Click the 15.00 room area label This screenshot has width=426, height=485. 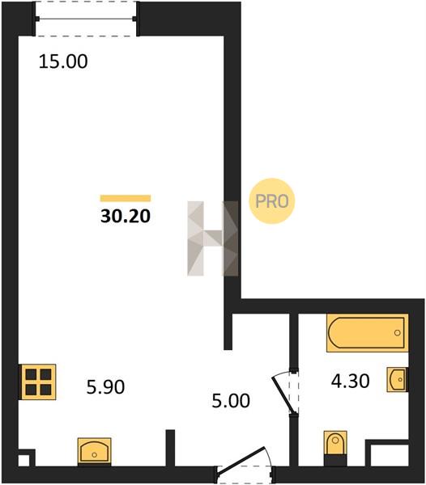(x=63, y=61)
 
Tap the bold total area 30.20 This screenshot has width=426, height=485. (x=126, y=216)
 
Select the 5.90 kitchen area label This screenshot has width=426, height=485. (x=105, y=387)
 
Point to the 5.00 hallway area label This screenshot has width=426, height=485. (x=231, y=401)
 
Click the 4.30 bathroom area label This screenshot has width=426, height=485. (x=350, y=381)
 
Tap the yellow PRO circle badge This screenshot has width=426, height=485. (x=271, y=201)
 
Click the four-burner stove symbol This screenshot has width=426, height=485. (x=38, y=382)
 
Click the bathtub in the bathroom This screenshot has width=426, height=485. (x=367, y=333)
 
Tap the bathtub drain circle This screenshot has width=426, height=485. (x=397, y=333)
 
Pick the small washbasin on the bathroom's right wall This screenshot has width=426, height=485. (x=397, y=380)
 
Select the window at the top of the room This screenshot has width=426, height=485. (x=86, y=19)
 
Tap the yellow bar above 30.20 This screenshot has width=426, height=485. (x=126, y=198)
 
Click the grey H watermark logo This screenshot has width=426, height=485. (x=213, y=238)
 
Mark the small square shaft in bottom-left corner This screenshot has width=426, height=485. (x=23, y=460)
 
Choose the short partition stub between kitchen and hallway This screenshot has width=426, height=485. (x=170, y=447)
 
